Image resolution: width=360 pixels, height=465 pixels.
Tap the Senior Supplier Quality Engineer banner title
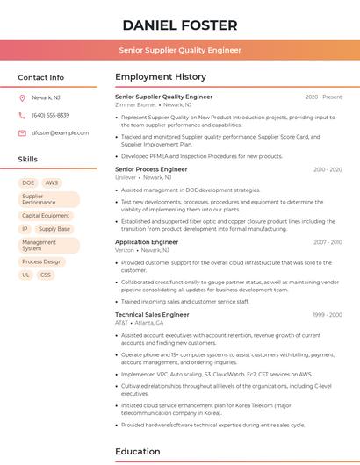[180, 50]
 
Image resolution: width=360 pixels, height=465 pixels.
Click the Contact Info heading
[41, 77]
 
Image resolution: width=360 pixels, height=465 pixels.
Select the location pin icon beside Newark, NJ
[22, 98]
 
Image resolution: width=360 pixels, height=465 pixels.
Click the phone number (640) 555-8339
[51, 115]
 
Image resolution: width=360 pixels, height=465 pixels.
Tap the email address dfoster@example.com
[61, 132]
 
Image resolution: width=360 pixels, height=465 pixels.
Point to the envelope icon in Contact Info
[22, 132]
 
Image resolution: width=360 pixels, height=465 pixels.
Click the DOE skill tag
[28, 183]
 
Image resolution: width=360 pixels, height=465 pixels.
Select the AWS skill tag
[52, 183]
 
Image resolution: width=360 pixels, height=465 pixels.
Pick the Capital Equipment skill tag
[46, 215]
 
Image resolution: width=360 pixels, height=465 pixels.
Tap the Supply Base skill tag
[54, 229]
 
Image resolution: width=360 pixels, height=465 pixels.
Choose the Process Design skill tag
[42, 261]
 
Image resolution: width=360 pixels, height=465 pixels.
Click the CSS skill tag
[46, 275]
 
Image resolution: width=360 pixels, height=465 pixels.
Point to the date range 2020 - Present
[323, 97]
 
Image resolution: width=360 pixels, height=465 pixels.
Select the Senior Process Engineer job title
[151, 169]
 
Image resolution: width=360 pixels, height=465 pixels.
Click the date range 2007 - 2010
[328, 242]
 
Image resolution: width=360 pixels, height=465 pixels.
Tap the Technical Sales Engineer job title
[152, 314]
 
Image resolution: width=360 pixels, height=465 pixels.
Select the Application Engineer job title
[147, 242]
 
